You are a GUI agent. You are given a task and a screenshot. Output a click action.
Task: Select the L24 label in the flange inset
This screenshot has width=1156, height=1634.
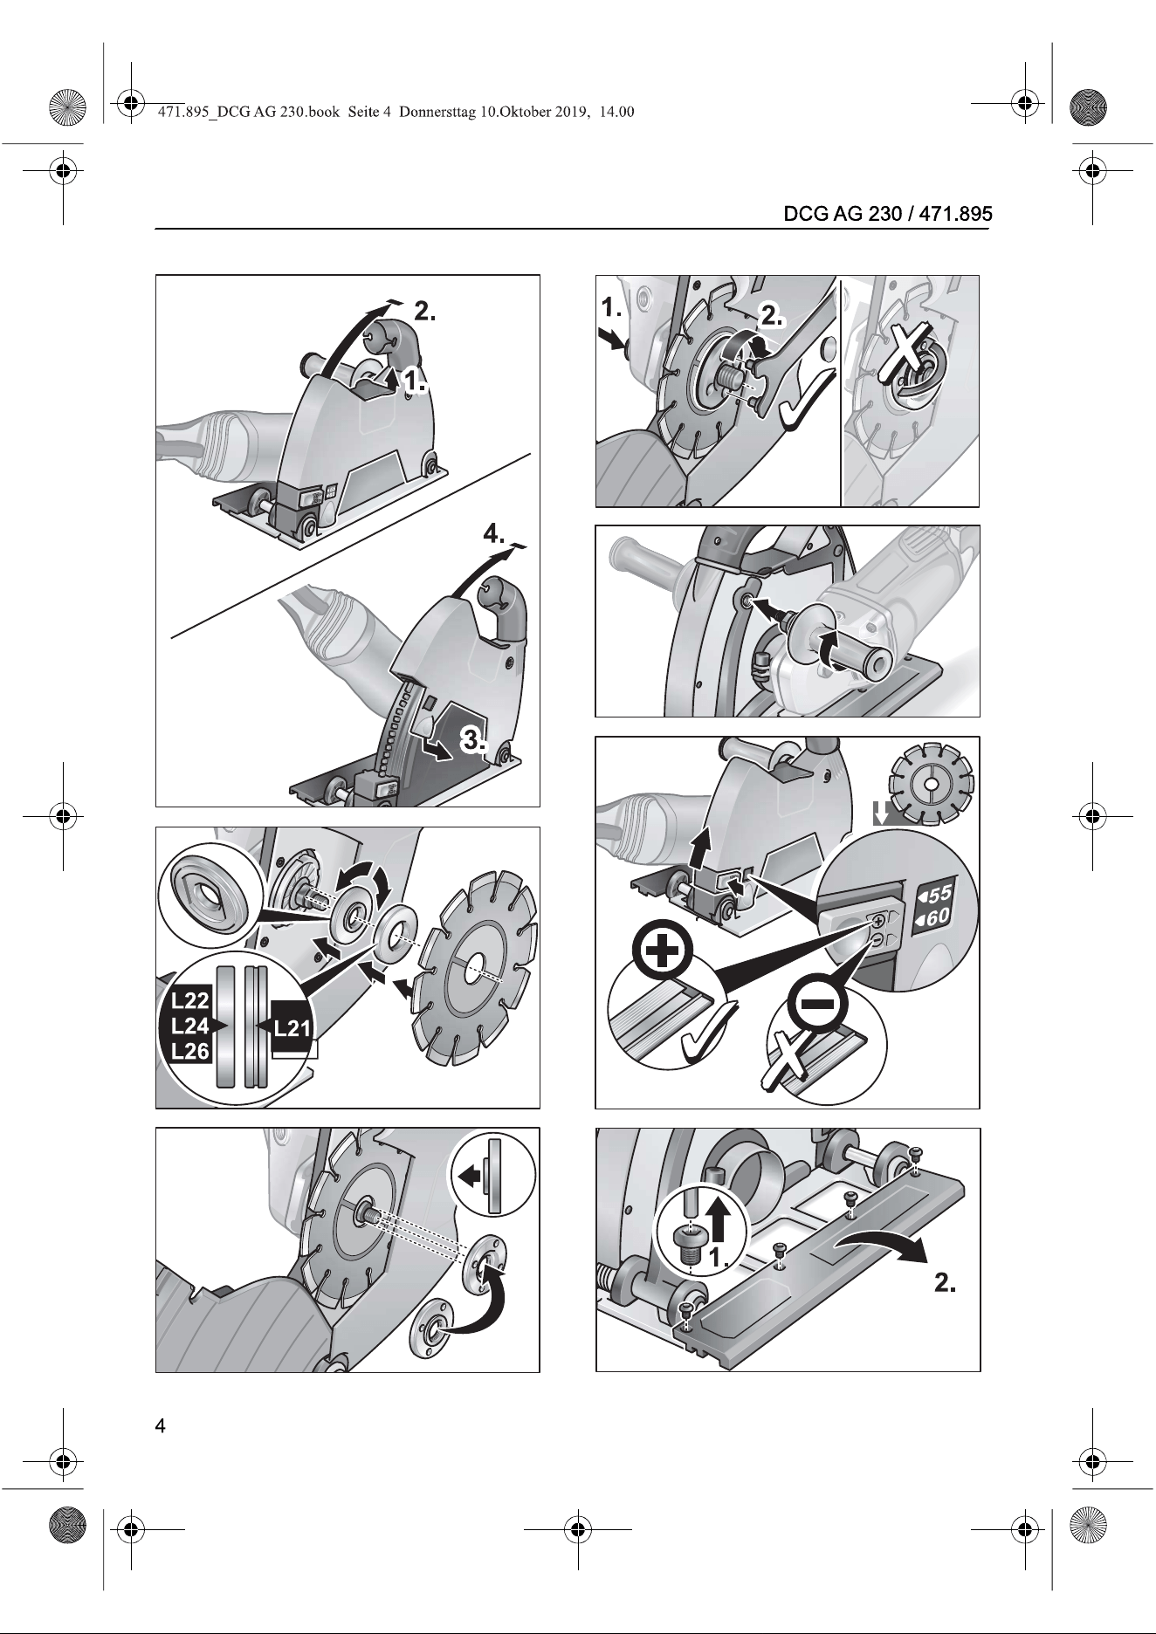point(189,1026)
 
